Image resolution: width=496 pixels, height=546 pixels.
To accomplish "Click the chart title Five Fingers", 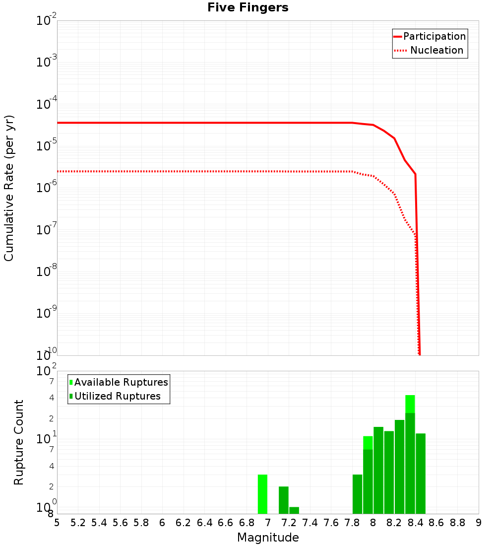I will coord(248,8).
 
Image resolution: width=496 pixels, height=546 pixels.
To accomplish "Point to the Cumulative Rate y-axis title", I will coord(9,188).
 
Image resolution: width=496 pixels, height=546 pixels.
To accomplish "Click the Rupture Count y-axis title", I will coord(19,442).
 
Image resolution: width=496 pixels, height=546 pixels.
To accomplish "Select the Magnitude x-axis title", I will coord(268,538).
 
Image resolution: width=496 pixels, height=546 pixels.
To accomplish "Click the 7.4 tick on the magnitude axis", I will coord(310,523).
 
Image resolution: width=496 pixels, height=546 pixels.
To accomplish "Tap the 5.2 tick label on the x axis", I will coord(78,523).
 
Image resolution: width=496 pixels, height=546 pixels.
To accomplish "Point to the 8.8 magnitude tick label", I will coord(457,523).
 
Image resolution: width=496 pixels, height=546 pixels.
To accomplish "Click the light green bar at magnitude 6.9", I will coord(262,494).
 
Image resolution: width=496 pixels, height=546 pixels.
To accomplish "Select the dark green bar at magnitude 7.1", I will coord(284,500).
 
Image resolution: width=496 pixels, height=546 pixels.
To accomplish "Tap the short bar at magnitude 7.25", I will coord(294,510).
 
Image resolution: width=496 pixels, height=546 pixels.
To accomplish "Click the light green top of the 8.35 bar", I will coord(410,404).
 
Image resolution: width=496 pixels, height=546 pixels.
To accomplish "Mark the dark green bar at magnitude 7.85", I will coord(357,494).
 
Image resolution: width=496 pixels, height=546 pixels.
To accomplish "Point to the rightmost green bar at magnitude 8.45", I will coord(421,474).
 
